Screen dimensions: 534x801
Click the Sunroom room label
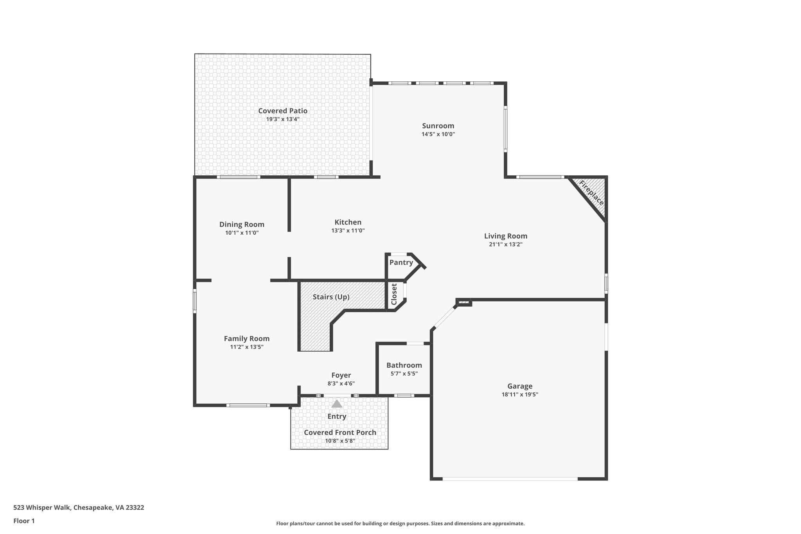click(438, 126)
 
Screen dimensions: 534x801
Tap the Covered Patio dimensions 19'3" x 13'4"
click(282, 119)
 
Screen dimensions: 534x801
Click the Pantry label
click(401, 263)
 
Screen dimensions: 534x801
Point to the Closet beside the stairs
click(394, 294)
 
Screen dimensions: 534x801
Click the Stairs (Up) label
click(331, 297)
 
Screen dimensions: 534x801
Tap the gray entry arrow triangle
click(337, 404)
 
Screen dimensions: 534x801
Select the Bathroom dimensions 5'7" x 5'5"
click(404, 374)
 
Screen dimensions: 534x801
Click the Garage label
click(520, 387)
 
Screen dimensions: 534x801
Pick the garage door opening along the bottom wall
click(510, 478)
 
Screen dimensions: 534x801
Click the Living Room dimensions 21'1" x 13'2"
click(506, 245)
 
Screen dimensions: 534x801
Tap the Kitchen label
click(348, 222)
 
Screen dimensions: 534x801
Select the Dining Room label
click(242, 225)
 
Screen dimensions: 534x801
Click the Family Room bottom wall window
click(248, 405)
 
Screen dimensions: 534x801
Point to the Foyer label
click(341, 375)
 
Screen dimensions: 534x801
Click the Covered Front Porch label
click(340, 432)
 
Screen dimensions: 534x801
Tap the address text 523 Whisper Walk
click(79, 508)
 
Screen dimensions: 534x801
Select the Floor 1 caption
click(24, 521)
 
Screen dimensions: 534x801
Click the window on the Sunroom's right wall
click(505, 130)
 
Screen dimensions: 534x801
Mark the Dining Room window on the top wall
click(239, 177)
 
